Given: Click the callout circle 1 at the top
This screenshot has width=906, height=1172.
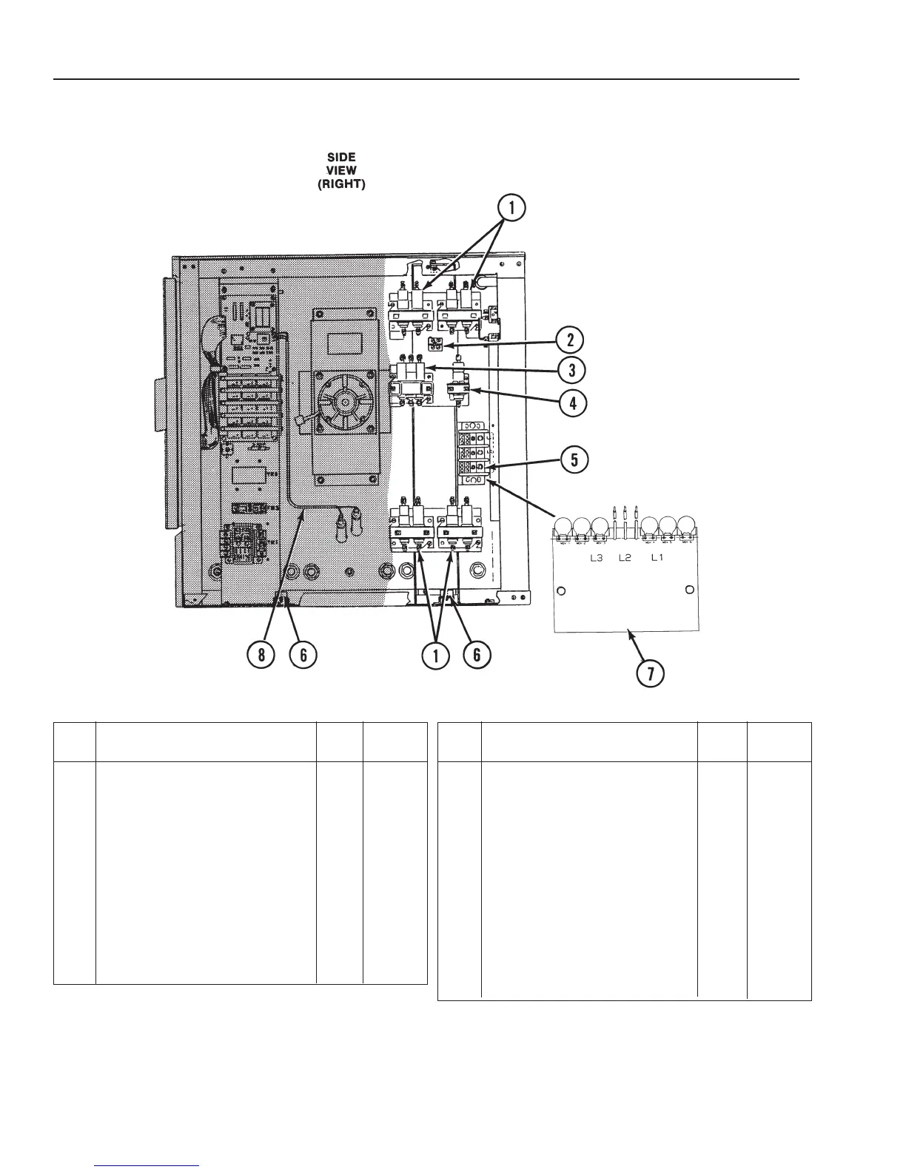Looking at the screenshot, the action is point(511,210).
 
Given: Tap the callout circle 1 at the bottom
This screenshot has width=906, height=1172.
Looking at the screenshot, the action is point(437,656).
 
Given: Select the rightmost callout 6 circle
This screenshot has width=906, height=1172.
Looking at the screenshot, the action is point(476,656).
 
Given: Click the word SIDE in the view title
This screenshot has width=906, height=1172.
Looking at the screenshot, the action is point(342,157).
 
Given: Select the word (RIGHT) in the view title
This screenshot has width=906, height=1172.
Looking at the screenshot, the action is point(341,184).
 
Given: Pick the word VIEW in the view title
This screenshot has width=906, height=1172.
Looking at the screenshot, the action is point(342,170).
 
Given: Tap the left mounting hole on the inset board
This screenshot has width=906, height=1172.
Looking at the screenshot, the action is point(562,591).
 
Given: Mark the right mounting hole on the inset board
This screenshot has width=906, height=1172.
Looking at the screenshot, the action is point(689,590).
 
